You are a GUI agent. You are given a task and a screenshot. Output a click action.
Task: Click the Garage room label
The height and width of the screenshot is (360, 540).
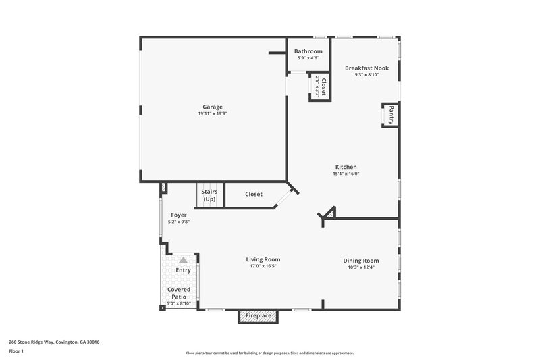click(213, 107)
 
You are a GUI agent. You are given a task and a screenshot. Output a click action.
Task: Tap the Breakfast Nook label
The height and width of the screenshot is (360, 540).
click(367, 68)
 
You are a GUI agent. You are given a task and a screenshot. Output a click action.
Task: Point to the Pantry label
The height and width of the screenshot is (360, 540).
click(391, 115)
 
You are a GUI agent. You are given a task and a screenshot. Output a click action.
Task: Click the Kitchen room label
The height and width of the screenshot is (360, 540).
click(346, 167)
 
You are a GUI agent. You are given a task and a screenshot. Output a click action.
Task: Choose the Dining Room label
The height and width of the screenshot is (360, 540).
click(361, 261)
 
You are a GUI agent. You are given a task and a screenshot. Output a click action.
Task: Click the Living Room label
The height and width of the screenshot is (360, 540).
click(263, 259)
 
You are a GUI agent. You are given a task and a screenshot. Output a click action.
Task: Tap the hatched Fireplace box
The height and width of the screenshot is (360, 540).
click(259, 316)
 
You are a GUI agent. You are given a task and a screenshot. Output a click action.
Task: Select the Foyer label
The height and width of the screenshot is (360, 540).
click(179, 215)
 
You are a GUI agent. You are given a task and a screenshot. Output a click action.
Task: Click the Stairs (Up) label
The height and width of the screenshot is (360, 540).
click(209, 195)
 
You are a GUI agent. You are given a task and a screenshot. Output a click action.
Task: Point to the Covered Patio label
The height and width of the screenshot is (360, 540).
click(179, 293)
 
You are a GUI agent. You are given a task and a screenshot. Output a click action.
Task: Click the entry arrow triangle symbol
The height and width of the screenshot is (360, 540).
click(182, 259)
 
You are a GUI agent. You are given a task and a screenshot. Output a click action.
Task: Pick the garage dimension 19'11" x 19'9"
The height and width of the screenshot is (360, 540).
click(213, 114)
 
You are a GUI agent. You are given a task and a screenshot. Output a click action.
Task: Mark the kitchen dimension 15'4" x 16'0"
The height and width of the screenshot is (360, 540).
click(346, 174)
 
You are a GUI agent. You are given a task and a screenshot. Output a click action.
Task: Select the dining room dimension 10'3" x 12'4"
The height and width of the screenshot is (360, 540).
click(361, 267)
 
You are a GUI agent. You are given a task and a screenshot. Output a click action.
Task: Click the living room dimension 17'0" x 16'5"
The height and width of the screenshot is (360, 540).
click(263, 266)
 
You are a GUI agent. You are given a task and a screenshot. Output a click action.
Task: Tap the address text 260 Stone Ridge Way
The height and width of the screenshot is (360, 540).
click(54, 342)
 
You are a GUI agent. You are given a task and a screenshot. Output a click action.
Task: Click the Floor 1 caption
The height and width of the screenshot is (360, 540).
click(16, 352)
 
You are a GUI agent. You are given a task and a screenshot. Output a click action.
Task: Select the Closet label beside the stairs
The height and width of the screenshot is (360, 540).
click(254, 195)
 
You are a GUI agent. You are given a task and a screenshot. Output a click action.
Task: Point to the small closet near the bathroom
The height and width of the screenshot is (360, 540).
click(320, 86)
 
